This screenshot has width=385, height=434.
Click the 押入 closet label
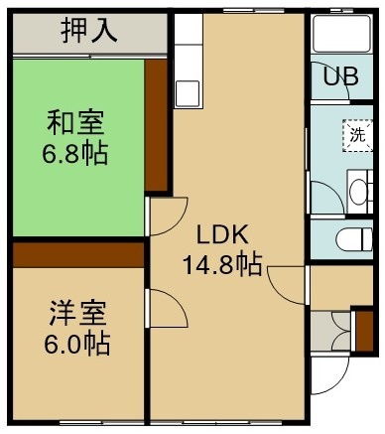[89, 31]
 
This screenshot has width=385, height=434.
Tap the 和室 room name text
[75, 123]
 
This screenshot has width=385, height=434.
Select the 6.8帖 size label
[75, 153]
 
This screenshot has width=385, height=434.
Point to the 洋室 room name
[77, 313]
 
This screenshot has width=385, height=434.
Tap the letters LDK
[222, 234]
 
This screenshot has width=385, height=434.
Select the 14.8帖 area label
[222, 264]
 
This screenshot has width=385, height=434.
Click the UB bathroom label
[340, 76]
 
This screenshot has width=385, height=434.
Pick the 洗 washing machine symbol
[358, 135]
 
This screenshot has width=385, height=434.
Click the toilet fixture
[354, 239]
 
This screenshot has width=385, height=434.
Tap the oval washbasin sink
[358, 192]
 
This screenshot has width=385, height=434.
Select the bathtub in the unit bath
[342, 34]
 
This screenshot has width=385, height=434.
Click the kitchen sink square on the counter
[188, 93]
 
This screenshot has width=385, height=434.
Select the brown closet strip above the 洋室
[78, 255]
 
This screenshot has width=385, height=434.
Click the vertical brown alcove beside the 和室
[156, 125]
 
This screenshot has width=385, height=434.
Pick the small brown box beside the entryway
[364, 331]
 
